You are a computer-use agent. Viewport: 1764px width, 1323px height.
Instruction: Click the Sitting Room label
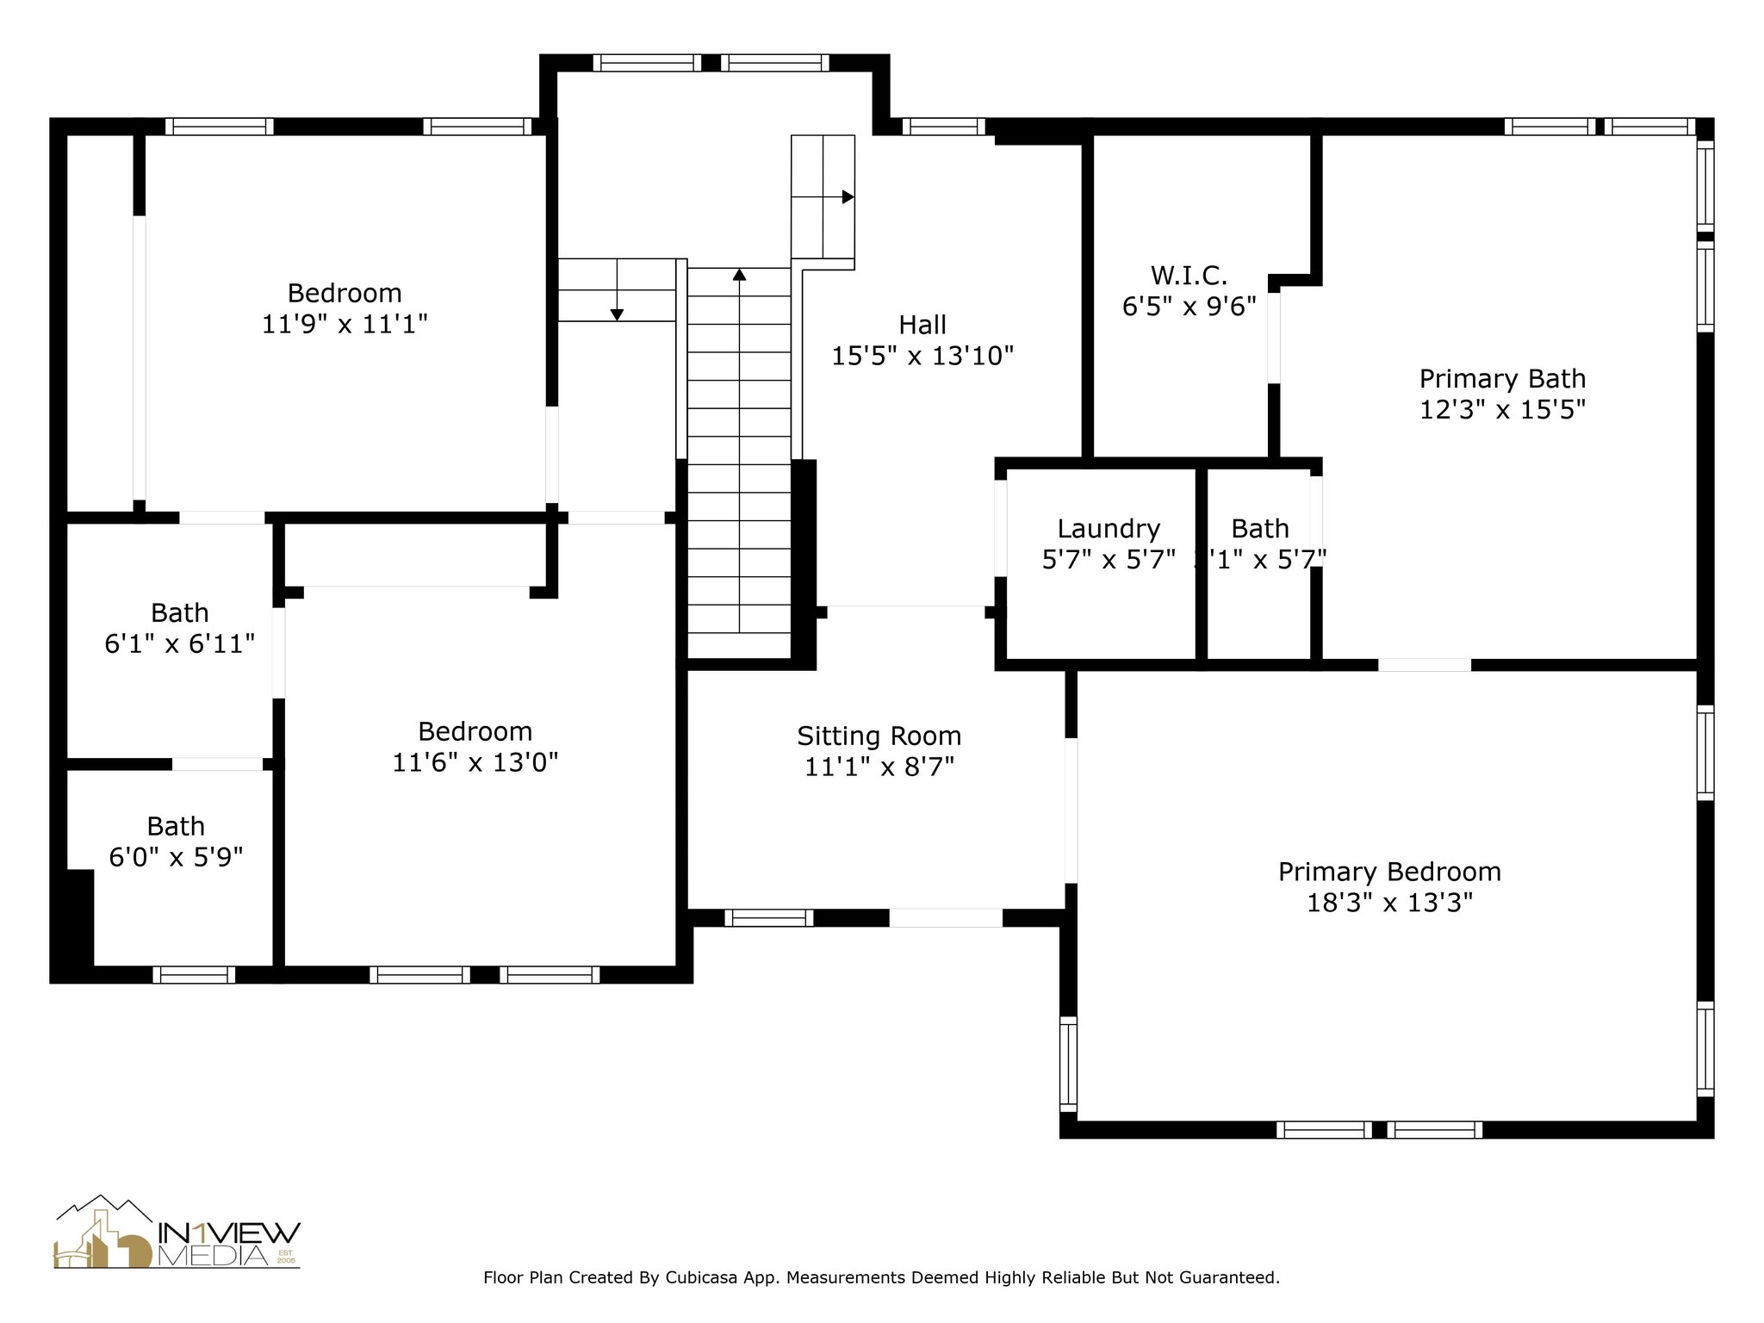tap(879, 736)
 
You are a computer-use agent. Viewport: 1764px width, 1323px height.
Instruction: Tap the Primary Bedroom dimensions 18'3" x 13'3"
tap(1389, 903)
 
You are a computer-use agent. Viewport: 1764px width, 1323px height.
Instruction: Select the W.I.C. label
tap(1189, 276)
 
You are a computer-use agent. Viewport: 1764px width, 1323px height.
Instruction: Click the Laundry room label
tap(1109, 529)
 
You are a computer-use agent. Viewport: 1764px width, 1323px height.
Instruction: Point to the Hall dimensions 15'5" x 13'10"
tap(922, 356)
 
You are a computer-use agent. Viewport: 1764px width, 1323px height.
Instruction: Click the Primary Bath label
tap(1502, 379)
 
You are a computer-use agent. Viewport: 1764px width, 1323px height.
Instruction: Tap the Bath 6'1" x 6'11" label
tap(179, 613)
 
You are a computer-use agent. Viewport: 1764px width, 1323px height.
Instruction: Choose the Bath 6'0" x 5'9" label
tap(176, 827)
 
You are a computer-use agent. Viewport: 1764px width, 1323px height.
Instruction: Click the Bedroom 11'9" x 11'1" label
tap(345, 294)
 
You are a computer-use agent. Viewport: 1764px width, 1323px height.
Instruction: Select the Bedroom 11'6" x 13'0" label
tap(475, 732)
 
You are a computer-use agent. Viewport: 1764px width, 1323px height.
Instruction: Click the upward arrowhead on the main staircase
tap(739, 275)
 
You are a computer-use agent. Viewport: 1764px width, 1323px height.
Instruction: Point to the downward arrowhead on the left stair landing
tap(617, 314)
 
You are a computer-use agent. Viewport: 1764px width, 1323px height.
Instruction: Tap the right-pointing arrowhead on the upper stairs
tap(848, 197)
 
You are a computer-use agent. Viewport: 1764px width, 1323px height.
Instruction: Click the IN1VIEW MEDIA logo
tap(177, 1233)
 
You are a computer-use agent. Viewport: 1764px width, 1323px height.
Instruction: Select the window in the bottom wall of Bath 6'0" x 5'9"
tap(194, 974)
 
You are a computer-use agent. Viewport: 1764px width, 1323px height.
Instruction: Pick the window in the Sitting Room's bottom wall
tap(768, 918)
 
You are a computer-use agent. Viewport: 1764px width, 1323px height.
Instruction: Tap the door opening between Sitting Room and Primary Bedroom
tap(1071, 810)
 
